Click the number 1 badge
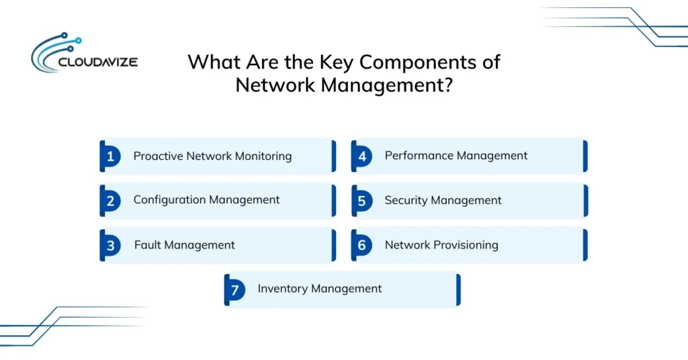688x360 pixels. [x=110, y=156]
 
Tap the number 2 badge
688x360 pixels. [x=110, y=201]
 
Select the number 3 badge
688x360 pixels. [x=110, y=245]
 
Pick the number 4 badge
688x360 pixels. [x=361, y=156]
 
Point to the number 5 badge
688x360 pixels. [x=361, y=201]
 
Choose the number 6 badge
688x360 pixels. [x=361, y=245]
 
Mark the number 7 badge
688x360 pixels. [x=234, y=289]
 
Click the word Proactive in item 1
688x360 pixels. [x=159, y=156]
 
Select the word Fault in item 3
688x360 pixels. [x=147, y=245]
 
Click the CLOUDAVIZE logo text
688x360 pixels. [x=97, y=62]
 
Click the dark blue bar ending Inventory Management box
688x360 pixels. [x=458, y=289]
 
